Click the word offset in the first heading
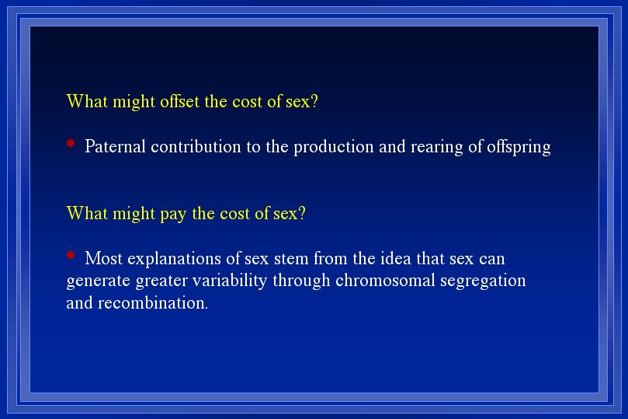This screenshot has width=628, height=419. [x=179, y=101]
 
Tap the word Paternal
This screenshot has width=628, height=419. [x=115, y=146]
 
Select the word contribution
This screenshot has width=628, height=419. [x=196, y=146]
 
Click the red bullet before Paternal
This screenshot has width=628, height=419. [x=71, y=143]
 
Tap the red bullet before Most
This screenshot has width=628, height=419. [x=71, y=255]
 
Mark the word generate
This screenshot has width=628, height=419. [x=99, y=281]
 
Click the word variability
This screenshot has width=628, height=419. [x=230, y=281]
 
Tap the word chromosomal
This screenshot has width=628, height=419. [x=385, y=281]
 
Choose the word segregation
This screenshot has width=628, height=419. [x=483, y=281]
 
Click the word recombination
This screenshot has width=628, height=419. [x=153, y=302]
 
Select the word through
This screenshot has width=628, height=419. [x=302, y=281]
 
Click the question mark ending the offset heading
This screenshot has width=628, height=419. [x=314, y=101]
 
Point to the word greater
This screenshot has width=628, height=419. [x=161, y=281]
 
